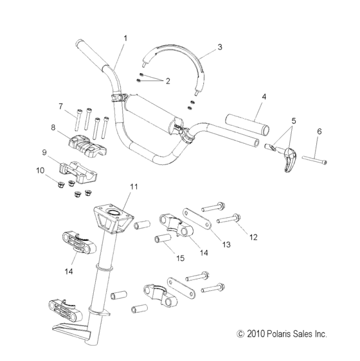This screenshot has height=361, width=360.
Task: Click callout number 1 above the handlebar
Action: click(125, 38)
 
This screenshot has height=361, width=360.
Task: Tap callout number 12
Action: click(253, 237)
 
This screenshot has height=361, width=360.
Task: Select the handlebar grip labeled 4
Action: click(246, 119)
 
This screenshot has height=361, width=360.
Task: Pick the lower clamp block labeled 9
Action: click(78, 172)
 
